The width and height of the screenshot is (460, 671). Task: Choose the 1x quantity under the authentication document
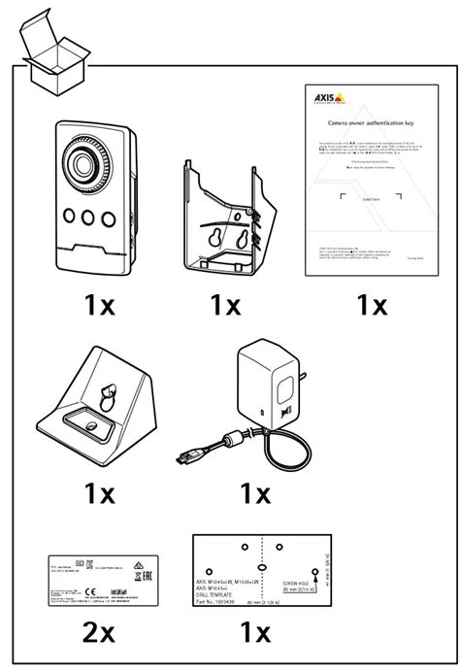click(371, 305)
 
